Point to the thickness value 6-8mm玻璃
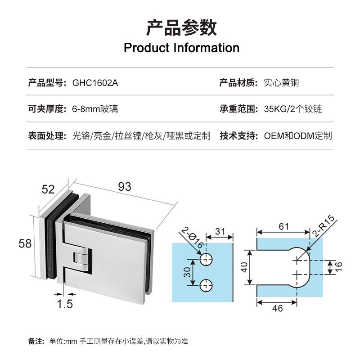click(x=95, y=109)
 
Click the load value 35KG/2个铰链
click(x=293, y=109)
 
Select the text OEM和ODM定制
click(x=298, y=135)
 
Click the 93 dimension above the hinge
click(x=125, y=186)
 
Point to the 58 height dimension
click(x=25, y=244)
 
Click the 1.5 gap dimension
click(x=65, y=304)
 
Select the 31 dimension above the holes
click(x=220, y=231)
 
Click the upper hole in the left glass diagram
click(x=207, y=258)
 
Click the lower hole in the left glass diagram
click(x=207, y=284)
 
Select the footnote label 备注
click(x=36, y=341)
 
